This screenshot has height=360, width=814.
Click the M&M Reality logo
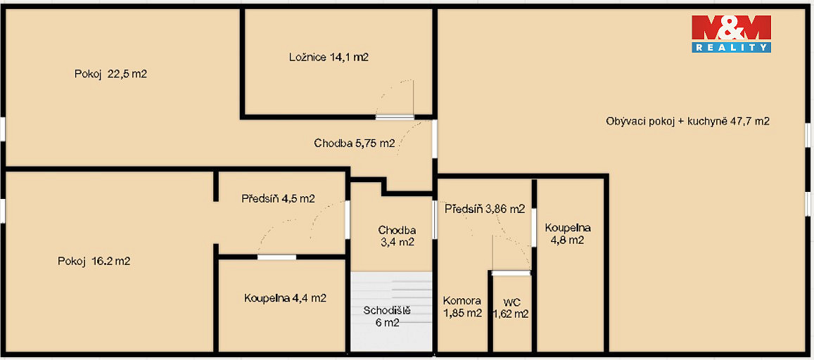(731, 34)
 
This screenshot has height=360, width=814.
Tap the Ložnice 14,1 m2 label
(329, 58)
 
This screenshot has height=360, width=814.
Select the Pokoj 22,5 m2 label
(110, 74)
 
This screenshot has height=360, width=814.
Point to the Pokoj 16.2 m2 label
(94, 262)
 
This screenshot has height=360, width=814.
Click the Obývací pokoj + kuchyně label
(687, 122)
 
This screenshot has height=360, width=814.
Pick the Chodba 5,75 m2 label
(355, 143)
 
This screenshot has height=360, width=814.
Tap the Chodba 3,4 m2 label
(397, 236)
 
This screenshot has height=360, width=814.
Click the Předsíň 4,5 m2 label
(279, 198)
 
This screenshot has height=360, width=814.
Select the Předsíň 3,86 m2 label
(485, 210)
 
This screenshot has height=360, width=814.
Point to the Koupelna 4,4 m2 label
(285, 298)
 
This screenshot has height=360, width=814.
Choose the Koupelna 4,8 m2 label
(568, 234)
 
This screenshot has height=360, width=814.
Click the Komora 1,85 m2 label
(462, 307)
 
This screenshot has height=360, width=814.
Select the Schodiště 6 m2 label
(387, 316)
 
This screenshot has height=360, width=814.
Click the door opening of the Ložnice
(395, 117)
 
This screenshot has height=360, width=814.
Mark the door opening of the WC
(511, 273)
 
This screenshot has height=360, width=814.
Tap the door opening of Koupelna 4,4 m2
(276, 257)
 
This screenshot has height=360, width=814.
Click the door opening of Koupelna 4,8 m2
(534, 227)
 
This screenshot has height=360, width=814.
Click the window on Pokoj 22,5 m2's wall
(3, 129)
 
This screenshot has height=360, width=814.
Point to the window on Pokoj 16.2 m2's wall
(3, 211)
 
